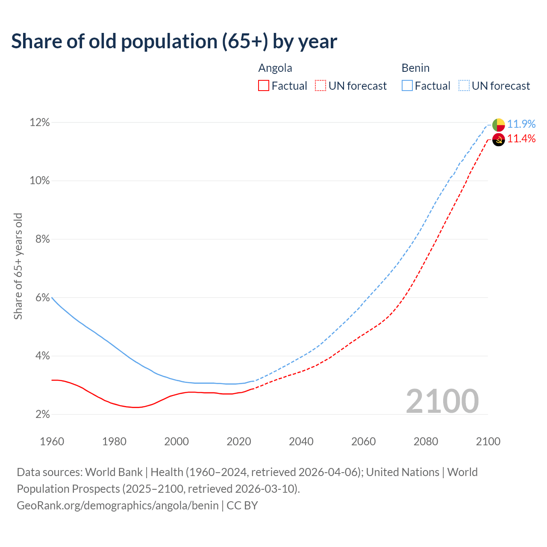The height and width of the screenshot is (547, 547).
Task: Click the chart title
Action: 174,41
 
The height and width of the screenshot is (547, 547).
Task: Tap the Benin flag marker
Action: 499,125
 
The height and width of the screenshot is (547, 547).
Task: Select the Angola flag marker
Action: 499,139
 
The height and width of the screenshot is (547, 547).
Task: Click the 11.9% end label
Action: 521,124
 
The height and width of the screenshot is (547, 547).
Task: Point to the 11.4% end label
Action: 521,138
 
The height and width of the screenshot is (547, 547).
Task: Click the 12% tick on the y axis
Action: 39,123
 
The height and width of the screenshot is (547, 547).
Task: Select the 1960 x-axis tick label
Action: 52,441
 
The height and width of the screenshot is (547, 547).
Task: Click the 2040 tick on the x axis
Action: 301,441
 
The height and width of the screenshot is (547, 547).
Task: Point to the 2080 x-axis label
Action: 426,441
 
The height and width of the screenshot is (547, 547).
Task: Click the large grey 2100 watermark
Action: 442,401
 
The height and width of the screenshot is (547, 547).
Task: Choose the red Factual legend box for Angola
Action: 264,86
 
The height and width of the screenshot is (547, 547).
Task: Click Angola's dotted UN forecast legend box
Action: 321,86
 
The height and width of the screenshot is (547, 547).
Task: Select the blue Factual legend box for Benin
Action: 407,86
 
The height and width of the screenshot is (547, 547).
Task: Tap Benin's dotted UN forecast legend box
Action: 464,86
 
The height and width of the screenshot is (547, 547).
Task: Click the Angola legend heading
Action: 275,68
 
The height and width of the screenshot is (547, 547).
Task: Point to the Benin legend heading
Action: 415,68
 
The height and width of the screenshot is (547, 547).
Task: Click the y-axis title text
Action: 18,266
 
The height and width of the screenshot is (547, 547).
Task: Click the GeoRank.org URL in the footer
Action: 118,506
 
